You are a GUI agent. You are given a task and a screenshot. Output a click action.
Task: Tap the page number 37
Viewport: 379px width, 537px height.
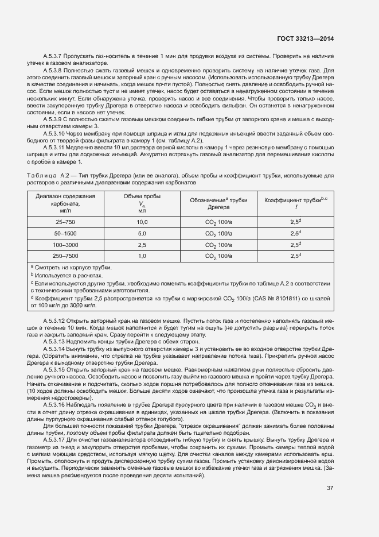tap(330, 488)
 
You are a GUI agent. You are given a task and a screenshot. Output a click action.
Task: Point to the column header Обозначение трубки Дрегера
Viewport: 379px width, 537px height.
tap(218, 203)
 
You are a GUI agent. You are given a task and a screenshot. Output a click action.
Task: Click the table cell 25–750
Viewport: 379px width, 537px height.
tap(65, 222)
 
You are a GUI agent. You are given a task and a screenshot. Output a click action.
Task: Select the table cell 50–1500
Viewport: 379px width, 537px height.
tap(65, 233)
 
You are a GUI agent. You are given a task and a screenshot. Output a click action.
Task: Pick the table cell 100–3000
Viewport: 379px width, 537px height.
tap(65, 245)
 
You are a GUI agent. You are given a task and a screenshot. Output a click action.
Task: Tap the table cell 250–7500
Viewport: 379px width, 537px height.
tap(65, 256)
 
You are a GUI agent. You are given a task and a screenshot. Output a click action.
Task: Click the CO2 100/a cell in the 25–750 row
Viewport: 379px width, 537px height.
tap(218, 222)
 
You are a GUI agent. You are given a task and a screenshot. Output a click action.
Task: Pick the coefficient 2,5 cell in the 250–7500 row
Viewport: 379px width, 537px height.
tap(295, 256)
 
